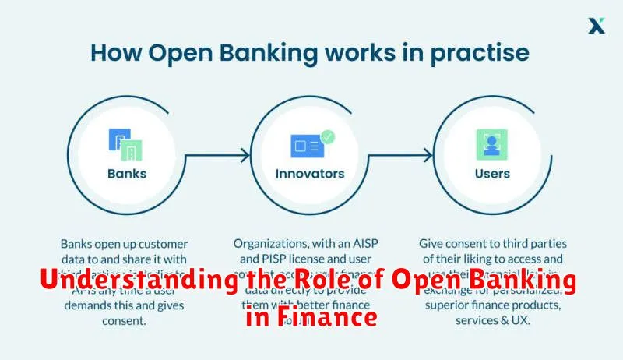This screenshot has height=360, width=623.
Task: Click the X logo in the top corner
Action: pos(596,26)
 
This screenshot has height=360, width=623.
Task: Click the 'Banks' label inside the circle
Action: pos(126,174)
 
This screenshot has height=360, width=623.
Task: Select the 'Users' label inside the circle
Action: pos(492,174)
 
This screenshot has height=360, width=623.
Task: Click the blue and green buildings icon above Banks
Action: pos(126,145)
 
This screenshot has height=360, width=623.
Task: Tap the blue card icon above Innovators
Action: pos(307,146)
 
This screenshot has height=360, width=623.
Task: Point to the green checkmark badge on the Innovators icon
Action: pos(328,136)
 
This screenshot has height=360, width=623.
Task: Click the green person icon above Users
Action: pos(492,145)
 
